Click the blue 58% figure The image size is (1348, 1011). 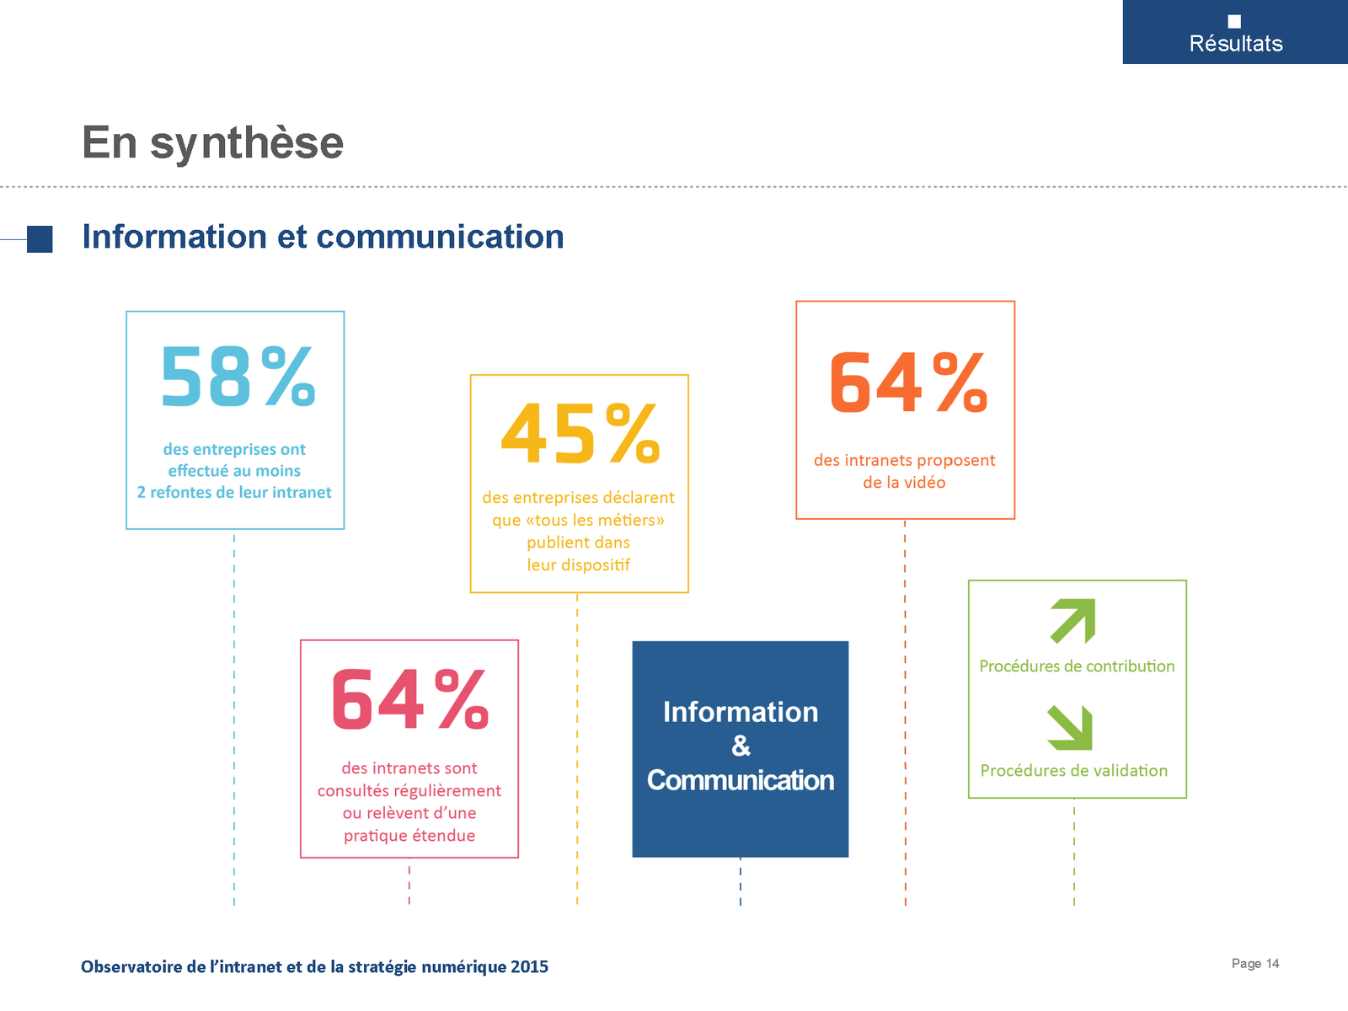(x=238, y=377)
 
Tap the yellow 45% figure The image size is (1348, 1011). (x=580, y=433)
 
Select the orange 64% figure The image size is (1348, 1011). (x=908, y=383)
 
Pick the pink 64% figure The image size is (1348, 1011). (x=409, y=699)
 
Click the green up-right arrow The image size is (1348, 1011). (x=1073, y=621)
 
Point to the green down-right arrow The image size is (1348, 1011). (x=1070, y=727)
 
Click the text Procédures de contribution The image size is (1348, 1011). (x=1077, y=666)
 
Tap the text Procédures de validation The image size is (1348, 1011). (x=1073, y=770)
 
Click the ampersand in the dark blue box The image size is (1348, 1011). (x=741, y=746)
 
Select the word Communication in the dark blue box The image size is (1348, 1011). (x=740, y=780)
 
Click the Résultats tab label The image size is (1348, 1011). (x=1236, y=44)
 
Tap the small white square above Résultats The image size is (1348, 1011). (x=1234, y=22)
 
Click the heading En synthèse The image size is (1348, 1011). (x=212, y=142)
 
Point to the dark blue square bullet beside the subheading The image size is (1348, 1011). (x=40, y=239)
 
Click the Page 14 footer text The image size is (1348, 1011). (x=1254, y=964)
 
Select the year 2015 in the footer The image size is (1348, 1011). (x=529, y=967)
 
